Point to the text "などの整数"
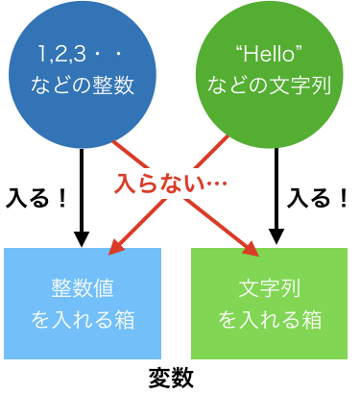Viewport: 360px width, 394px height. [82, 86]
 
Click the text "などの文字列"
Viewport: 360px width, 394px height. [269, 86]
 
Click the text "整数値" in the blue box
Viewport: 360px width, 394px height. [82, 288]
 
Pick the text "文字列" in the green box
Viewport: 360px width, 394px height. [269, 288]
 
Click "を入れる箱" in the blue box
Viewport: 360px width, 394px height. [82, 320]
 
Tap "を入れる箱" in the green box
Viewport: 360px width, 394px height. [269, 320]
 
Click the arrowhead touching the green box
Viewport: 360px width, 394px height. [251, 249]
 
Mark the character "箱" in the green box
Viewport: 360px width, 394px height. [309, 320]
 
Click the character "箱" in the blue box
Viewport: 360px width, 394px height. [122, 320]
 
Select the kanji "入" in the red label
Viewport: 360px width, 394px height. [125, 183]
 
